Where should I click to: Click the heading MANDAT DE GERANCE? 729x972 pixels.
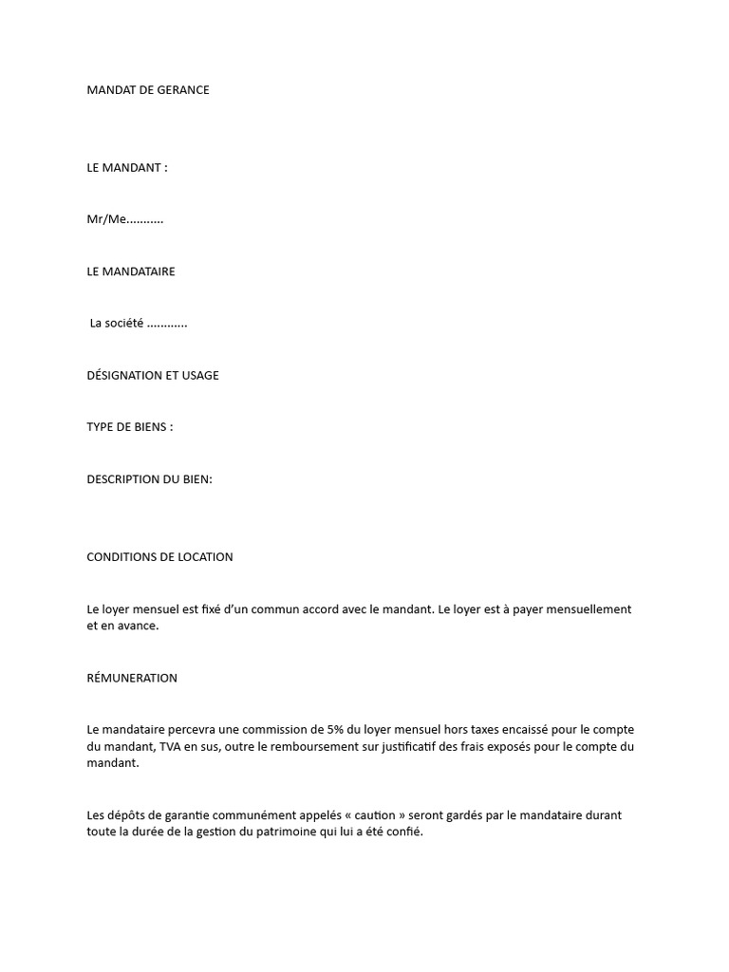148,90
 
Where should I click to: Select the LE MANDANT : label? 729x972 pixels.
127,168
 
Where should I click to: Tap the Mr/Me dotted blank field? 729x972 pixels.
145,220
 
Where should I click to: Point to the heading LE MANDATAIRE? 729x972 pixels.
131,271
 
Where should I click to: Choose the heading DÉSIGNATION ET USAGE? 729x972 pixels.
153,375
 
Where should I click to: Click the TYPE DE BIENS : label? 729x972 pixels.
130,427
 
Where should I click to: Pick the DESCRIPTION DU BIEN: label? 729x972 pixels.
150,479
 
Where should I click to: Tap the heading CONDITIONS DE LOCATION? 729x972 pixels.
159,557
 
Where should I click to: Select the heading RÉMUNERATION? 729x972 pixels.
132,678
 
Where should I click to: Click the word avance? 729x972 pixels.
140,626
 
